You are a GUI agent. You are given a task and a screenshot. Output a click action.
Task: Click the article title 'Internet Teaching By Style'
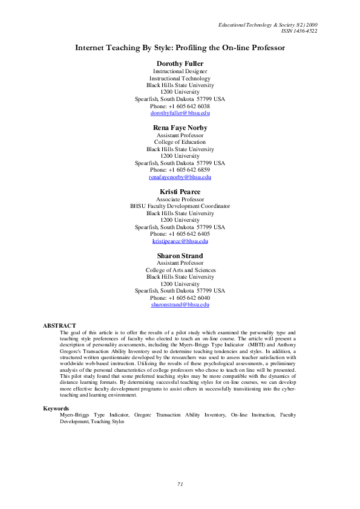180,47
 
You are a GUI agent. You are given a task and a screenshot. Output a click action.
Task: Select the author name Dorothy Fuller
180,63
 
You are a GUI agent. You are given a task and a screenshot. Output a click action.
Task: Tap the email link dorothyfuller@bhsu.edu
180,113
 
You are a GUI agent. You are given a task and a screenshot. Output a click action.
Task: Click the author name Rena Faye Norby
180,128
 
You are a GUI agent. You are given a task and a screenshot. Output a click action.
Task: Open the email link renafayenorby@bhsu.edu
180,177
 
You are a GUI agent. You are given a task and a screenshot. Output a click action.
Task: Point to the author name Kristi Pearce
180,192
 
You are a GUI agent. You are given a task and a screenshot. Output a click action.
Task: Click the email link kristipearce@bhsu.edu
180,241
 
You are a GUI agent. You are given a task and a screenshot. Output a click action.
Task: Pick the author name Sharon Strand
180,256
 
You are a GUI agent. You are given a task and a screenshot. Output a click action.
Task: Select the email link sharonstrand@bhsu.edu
180,305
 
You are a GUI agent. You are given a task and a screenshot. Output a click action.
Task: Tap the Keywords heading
56,409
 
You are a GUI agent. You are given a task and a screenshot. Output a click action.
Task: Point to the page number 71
180,484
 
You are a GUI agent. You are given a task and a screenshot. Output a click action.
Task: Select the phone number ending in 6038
180,106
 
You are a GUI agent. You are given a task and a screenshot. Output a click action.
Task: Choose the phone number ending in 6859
180,170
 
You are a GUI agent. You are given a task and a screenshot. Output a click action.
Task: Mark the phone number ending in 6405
180,234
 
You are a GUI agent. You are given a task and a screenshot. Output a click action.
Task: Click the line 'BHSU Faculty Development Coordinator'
180,206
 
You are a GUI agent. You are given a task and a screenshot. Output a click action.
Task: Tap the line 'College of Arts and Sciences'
180,270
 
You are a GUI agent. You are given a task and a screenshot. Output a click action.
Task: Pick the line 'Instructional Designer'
180,71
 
